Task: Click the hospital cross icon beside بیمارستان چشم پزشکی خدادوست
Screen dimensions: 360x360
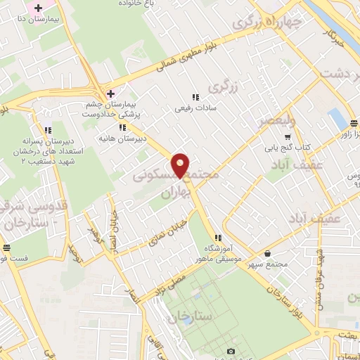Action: click(x=110, y=93)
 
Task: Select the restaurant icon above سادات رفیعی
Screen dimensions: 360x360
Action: click(x=195, y=97)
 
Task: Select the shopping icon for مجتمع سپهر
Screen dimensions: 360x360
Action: click(x=266, y=253)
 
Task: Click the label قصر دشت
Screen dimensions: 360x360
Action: click(x=340, y=73)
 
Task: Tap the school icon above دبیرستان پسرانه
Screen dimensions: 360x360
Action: click(x=48, y=130)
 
